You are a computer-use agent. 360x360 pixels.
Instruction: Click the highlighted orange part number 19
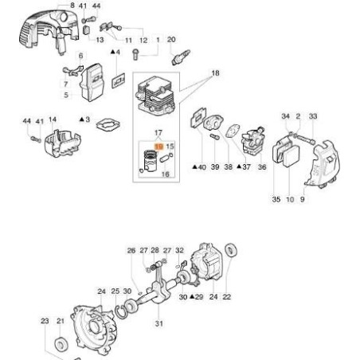click(x=158, y=147)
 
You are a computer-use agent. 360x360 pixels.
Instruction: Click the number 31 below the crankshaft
click(x=158, y=323)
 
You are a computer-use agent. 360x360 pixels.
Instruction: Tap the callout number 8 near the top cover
click(x=72, y=6)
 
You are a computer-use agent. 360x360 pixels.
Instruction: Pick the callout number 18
click(x=213, y=72)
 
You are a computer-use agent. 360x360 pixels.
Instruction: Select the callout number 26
click(x=131, y=250)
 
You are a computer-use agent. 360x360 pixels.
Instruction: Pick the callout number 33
click(x=312, y=116)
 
